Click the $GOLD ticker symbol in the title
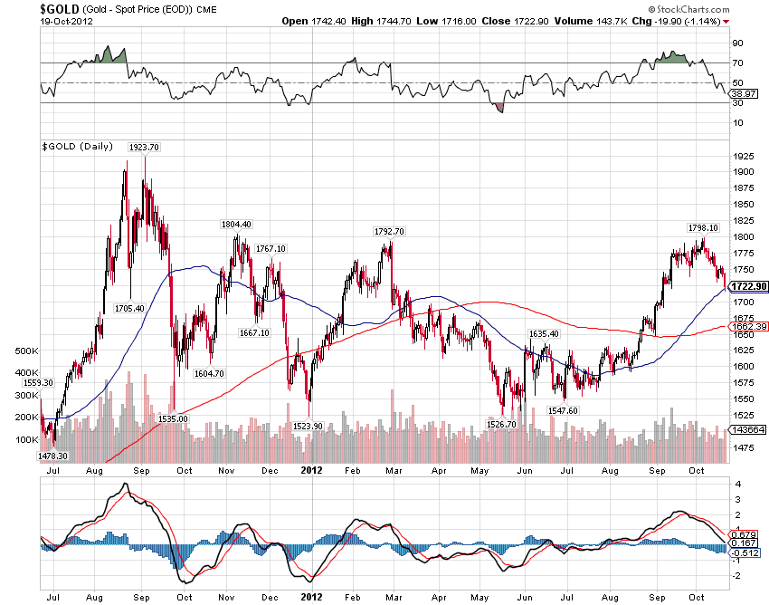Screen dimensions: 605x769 60,8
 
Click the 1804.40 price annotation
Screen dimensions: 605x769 236,225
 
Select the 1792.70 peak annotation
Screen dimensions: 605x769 389,231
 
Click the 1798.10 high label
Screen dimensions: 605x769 703,228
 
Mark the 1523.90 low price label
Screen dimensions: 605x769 309,426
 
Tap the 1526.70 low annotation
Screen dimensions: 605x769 500,424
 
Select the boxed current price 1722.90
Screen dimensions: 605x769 750,286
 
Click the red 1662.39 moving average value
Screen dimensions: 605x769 750,327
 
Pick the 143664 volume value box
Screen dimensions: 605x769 749,430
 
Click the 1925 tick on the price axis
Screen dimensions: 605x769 745,155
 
